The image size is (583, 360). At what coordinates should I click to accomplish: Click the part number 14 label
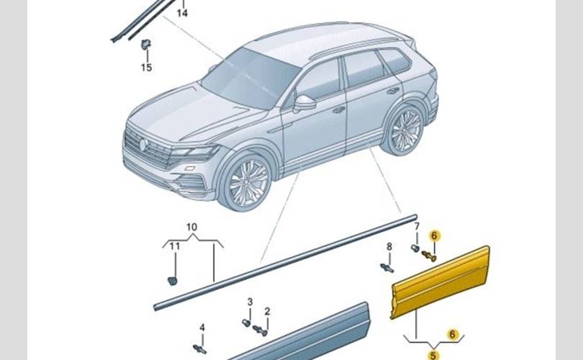point(182,14)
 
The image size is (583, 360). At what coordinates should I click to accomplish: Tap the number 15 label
point(146,68)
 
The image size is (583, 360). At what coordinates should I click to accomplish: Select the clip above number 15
point(145,44)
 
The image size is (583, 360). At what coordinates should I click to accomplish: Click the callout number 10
point(191,228)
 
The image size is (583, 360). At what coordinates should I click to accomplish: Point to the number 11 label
point(174,247)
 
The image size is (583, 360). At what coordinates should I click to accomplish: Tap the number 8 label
point(389,246)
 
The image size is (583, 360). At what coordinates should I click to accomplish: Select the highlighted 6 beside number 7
point(433,235)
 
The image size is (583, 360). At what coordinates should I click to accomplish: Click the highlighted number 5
point(433,354)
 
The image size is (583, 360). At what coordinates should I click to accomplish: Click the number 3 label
point(250,301)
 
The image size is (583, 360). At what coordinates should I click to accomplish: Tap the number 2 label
point(267,311)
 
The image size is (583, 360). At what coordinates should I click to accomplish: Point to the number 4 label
point(202,328)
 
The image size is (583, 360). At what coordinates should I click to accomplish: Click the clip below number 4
point(201,348)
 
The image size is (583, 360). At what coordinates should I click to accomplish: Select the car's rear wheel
point(405,130)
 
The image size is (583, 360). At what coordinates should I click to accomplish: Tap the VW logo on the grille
point(143,145)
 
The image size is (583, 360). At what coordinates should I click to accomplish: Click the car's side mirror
point(304,103)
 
